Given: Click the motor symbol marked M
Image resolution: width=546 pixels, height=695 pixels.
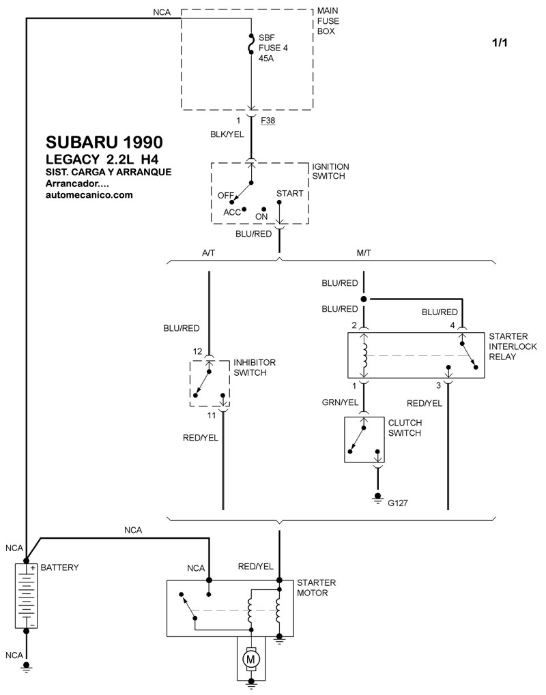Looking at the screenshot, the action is click(x=250, y=659).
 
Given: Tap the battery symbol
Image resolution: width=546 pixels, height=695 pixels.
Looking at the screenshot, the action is click(x=26, y=595).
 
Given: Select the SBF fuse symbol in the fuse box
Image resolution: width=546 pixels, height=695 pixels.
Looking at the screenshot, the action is click(x=251, y=46).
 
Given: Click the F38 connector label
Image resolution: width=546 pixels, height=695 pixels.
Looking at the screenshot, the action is click(x=268, y=121).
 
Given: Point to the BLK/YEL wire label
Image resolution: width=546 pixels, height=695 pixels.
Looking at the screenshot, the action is click(x=227, y=134).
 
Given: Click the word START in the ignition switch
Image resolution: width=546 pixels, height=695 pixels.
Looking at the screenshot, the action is click(x=289, y=194).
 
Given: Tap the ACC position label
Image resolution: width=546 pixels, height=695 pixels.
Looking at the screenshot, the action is click(x=232, y=212).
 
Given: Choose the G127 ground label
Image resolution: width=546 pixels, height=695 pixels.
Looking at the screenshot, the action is click(x=398, y=503).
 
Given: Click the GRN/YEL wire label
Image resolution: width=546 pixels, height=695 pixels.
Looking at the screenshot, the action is click(x=340, y=402).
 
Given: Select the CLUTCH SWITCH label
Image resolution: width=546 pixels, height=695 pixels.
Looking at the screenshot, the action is click(x=405, y=428).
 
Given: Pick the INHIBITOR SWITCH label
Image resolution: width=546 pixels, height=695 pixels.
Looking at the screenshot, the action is click(x=255, y=368).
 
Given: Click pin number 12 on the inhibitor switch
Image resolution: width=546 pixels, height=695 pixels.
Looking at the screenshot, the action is click(x=197, y=351).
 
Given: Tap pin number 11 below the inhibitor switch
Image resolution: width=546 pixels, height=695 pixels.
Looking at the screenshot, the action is click(x=211, y=415).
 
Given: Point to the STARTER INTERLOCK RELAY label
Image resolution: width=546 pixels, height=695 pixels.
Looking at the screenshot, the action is click(x=513, y=346).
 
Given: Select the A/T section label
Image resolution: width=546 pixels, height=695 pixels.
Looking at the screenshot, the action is click(x=208, y=253).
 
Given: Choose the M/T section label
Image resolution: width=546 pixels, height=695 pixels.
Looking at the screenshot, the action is click(x=364, y=253).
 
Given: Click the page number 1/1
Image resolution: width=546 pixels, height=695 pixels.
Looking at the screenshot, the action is click(x=500, y=42).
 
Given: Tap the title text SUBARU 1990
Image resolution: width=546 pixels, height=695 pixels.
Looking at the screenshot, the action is click(x=104, y=142).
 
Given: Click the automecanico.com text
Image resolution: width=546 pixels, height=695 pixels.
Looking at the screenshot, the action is click(x=89, y=194).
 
